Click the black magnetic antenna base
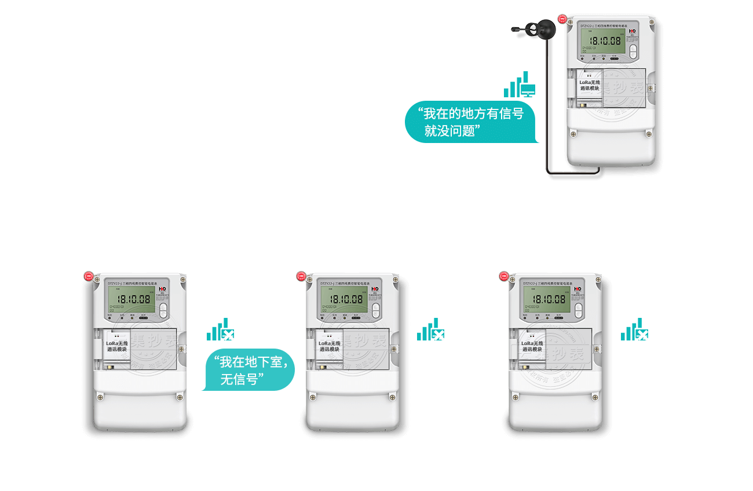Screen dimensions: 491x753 pyautogui.click(x=544, y=27)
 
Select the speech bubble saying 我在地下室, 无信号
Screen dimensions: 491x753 pyautogui.click(x=249, y=370)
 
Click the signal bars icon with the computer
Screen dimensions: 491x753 pyautogui.click(x=520, y=85)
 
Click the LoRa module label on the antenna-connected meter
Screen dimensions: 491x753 pyautogui.click(x=590, y=86)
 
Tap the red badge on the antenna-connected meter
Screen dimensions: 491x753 pyautogui.click(x=561, y=19)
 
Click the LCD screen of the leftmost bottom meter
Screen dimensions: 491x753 pyautogui.click(x=131, y=299)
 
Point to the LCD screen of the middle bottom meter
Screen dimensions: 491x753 pyautogui.click(x=343, y=299)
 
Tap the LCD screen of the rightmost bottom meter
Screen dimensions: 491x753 pyautogui.click(x=546, y=299)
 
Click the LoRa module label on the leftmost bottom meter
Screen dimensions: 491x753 pyautogui.click(x=116, y=346)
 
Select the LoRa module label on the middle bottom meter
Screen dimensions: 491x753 pyautogui.click(x=329, y=346)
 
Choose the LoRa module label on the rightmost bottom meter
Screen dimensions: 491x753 pyautogui.click(x=532, y=346)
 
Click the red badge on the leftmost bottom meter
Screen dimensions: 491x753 pyautogui.click(x=89, y=277)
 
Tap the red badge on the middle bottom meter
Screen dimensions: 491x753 pyautogui.click(x=301, y=277)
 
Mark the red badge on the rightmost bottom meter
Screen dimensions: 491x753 pyautogui.click(x=504, y=277)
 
